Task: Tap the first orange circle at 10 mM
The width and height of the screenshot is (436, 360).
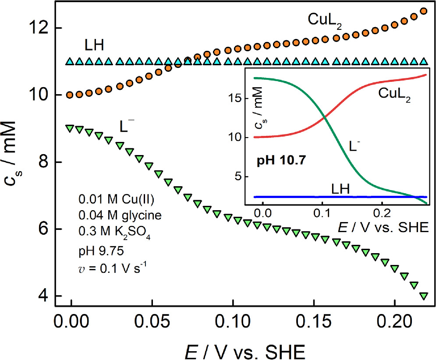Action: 69,95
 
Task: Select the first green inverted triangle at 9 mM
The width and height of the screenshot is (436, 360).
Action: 69,128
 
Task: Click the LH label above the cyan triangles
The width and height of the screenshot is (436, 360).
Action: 95,45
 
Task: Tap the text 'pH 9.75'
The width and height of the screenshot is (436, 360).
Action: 95,252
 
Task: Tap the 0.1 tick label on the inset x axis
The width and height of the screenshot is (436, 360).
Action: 322,213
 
